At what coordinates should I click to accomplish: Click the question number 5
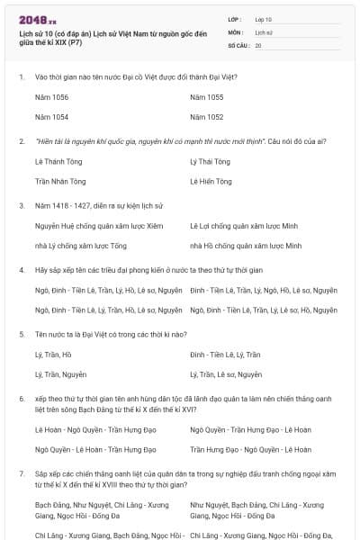coord(22,333)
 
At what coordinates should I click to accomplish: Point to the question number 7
coord(22,472)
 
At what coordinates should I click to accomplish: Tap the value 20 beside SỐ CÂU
coord(258,44)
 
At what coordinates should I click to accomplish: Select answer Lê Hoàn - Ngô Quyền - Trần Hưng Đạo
coord(88,429)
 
